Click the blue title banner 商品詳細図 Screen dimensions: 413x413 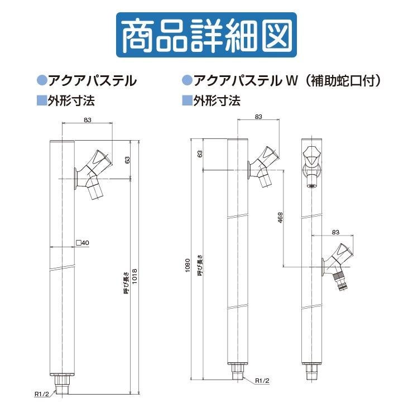tap(206, 35)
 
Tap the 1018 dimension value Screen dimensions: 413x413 tap(135, 276)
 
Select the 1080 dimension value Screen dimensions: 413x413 tap(188, 266)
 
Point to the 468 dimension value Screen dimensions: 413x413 tap(280, 218)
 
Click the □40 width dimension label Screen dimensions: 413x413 tap(83, 243)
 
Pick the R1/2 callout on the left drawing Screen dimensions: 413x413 tap(42, 394)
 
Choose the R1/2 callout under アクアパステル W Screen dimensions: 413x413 tap(262, 381)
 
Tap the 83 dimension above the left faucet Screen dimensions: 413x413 tap(88, 120)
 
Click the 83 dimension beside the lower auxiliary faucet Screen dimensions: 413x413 tap(335, 232)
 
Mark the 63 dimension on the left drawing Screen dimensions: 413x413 tap(127, 160)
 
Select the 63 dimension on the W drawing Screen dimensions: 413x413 tap(200, 154)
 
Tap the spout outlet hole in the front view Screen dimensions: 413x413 tap(312, 186)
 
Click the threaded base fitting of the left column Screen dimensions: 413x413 tap(62, 384)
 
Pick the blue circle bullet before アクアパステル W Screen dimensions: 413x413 tap(188, 80)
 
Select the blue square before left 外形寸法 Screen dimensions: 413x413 tap(41, 100)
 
